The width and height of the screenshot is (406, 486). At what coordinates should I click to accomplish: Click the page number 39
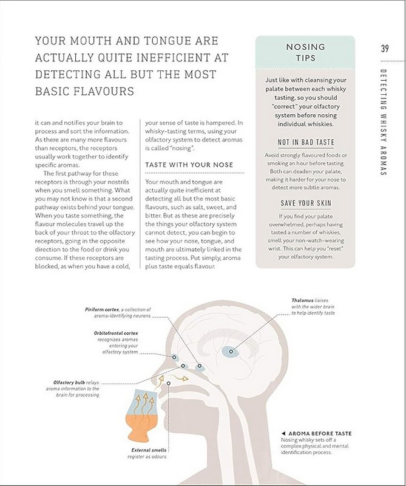point(385,49)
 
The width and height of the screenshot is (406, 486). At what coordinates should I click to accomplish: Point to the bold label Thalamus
point(303,301)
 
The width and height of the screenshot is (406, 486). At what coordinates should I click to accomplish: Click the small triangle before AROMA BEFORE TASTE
point(283,433)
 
